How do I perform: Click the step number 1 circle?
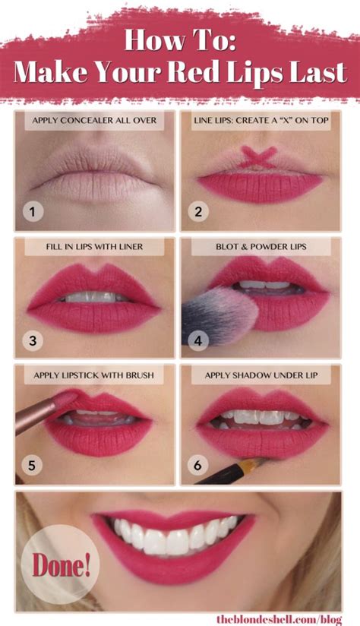point(32,212)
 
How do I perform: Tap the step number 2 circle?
point(198,212)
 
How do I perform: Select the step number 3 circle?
point(32,340)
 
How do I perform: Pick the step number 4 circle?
point(198,340)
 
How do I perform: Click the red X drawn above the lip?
point(258,158)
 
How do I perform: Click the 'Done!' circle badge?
point(54,563)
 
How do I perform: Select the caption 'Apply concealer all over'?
point(94,120)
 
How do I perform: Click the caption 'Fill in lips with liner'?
point(94,247)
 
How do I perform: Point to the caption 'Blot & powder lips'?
point(261,247)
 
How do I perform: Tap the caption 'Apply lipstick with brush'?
point(94,375)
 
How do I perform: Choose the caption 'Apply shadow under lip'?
point(261,375)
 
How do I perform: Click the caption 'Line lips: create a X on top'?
point(261,120)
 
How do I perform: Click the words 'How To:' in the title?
point(180,40)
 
